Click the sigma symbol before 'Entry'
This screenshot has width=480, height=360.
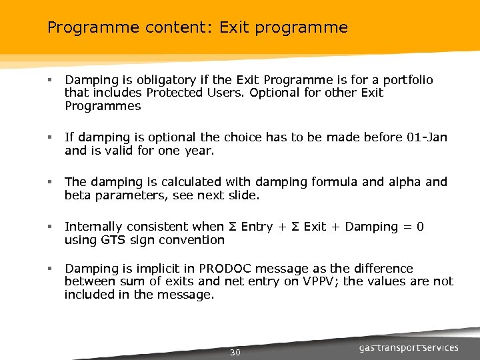tap(232, 227)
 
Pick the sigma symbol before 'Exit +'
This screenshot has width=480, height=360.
tap(295, 227)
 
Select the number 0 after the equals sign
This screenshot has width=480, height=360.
tap(419, 227)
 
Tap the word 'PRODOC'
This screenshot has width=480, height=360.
tap(243, 269)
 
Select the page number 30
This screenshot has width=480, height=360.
tap(235, 351)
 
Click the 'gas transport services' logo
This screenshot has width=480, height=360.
tap(409, 347)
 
